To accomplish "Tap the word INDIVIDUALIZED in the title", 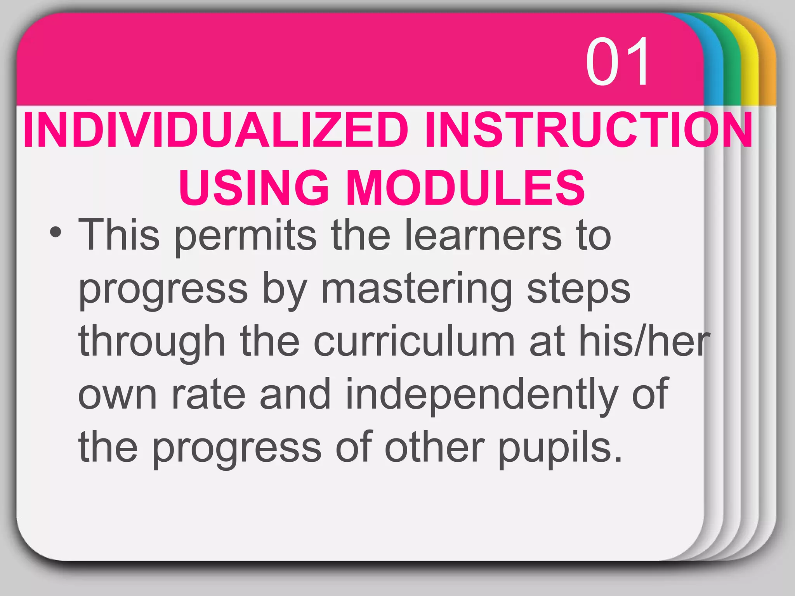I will pyautogui.click(x=216, y=130).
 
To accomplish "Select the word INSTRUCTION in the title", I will pyautogui.click(x=588, y=130).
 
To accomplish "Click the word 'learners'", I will pyautogui.click(x=483, y=235).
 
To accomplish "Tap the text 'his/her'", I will pyautogui.click(x=644, y=341).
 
